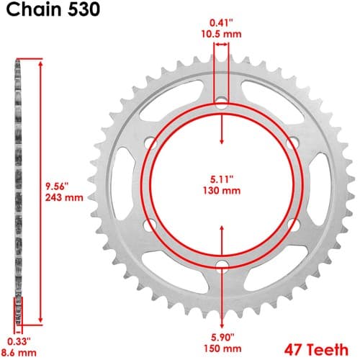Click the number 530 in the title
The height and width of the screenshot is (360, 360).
[x=84, y=9]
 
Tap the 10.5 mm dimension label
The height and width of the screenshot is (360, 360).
[x=221, y=35]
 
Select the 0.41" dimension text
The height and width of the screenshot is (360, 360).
[x=221, y=23]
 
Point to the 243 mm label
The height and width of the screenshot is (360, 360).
[x=64, y=197]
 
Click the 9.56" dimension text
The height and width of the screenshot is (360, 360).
[x=57, y=186]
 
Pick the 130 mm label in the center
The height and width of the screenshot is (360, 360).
[x=222, y=191]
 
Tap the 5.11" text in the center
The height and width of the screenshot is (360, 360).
[x=222, y=179]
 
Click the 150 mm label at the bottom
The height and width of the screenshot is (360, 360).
[x=222, y=348]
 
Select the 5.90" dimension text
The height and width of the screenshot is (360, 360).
[x=222, y=337]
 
